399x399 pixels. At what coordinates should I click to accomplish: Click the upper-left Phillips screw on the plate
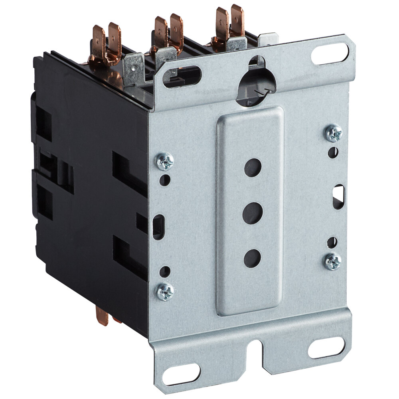pos(165,161)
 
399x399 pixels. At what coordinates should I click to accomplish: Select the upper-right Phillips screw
pos(334,133)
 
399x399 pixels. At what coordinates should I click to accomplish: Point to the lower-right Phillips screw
pos(333,262)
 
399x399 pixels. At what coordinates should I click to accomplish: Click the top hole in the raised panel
pos(253,168)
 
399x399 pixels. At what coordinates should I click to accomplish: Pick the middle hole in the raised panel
pos(253,213)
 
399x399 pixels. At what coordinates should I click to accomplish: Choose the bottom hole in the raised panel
pos(252,258)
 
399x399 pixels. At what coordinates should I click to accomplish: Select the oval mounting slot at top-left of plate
pos(182,77)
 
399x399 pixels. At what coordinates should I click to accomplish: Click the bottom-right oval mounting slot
pos(326,348)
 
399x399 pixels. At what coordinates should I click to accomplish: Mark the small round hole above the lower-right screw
pos(332,242)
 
